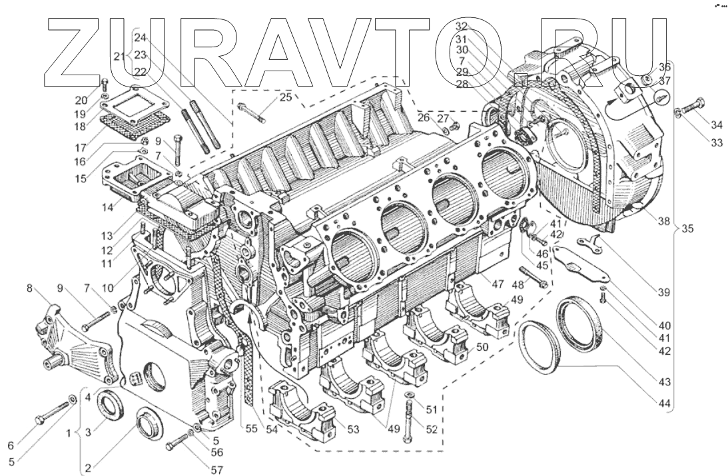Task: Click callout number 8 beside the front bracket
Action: (30, 288)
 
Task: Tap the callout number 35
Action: (687, 229)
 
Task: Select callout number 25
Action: (286, 97)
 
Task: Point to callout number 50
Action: (482, 347)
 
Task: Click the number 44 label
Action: (665, 404)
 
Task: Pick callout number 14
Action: (108, 208)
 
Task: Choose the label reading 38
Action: (665, 221)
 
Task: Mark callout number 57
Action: (217, 469)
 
